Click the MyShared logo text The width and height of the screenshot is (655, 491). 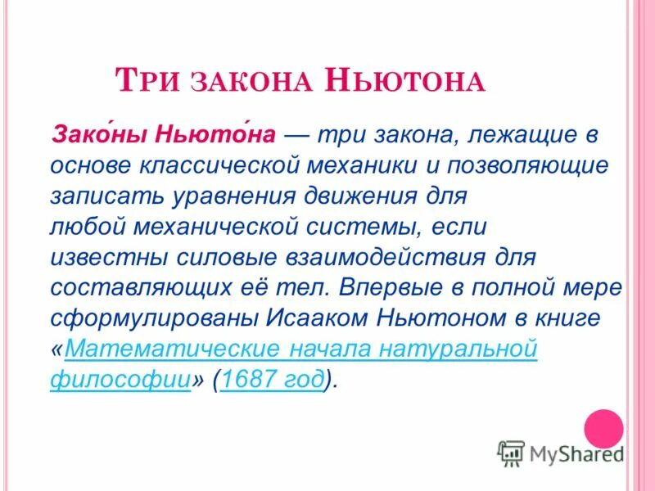pyautogui.click(x=576, y=453)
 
